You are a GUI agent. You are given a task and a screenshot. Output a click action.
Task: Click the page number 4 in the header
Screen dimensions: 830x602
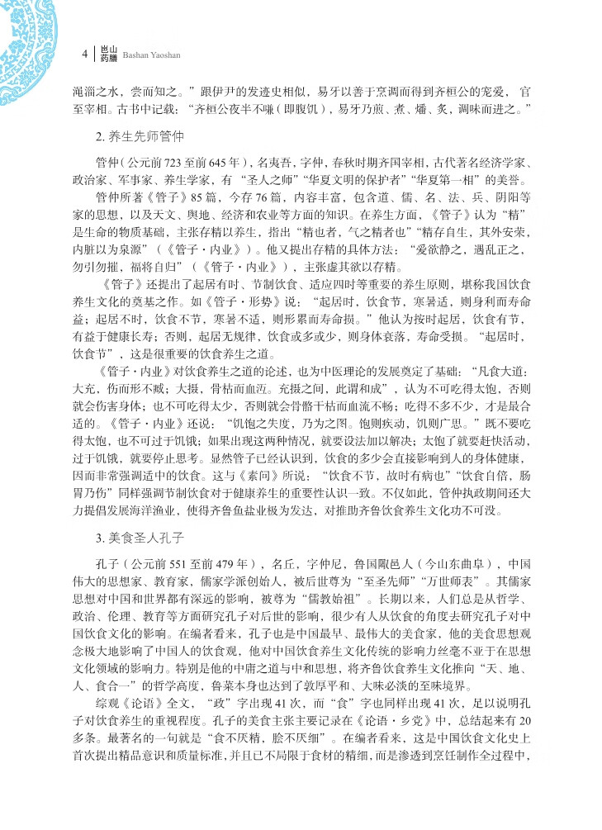[x=84, y=54]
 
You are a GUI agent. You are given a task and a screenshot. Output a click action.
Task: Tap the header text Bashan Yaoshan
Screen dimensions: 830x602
[x=156, y=56]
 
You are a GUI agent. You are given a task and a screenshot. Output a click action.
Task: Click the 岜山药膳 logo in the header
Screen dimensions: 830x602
[x=108, y=54]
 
